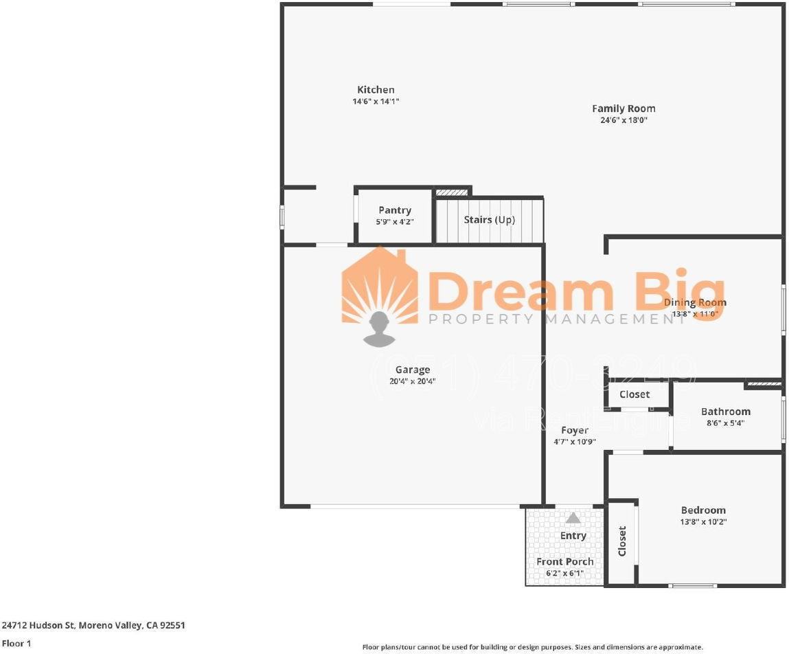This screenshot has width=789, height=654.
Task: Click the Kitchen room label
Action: (376, 90)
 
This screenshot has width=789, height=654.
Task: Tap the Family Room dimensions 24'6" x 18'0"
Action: (624, 120)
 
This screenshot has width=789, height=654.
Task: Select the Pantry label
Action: (395, 210)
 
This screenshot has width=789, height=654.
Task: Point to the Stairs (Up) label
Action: (489, 220)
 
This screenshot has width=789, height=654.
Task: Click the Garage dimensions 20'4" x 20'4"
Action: (412, 381)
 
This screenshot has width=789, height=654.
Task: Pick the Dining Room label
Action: (695, 302)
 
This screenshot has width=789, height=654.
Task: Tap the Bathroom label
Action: (725, 411)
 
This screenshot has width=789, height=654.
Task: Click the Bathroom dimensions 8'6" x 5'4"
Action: (725, 423)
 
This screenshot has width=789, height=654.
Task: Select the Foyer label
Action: (575, 431)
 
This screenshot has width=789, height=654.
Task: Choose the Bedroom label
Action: (703, 510)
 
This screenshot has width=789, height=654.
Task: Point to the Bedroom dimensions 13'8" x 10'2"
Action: (703, 521)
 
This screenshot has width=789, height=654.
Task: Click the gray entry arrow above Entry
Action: (573, 518)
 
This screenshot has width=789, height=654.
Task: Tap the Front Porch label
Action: (565, 561)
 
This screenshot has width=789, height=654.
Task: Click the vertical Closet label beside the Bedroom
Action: (622, 541)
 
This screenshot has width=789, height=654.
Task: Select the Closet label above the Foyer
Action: (634, 394)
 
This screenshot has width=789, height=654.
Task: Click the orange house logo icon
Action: (380, 289)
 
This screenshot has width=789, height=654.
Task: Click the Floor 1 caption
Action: (16, 644)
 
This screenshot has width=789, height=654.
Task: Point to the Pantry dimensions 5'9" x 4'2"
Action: (395, 221)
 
